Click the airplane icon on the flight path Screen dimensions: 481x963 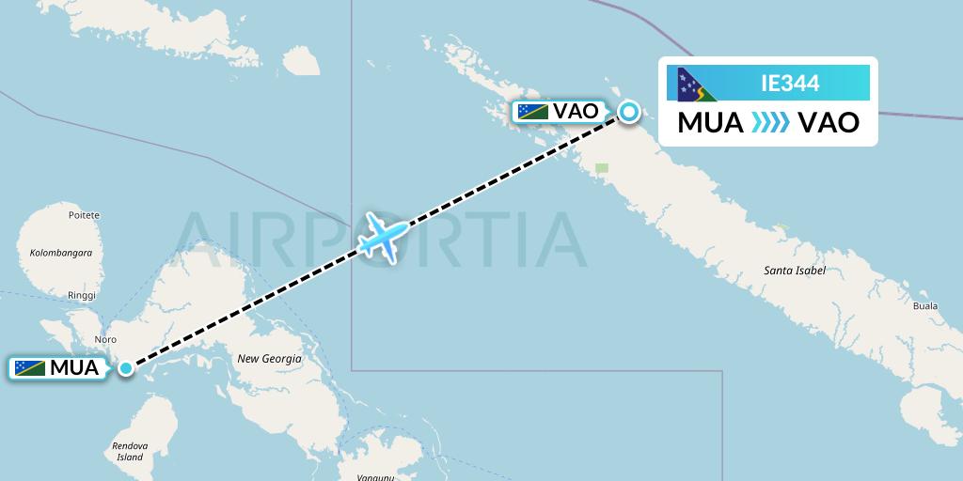[x=384, y=236]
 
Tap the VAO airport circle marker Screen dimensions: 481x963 [x=628, y=113]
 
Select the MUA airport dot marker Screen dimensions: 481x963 [x=126, y=367]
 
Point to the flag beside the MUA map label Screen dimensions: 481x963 [x=30, y=368]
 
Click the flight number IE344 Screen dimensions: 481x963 [x=790, y=84]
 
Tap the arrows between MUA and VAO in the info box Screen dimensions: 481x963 [x=771, y=123]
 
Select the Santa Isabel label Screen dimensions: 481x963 [x=795, y=271]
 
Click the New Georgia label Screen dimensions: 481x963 [x=269, y=359]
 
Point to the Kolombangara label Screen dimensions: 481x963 [x=60, y=253]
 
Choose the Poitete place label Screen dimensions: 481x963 [x=84, y=215]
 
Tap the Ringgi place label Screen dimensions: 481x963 [x=82, y=295]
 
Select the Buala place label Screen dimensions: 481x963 [x=925, y=306]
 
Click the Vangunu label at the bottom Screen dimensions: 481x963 [x=375, y=477]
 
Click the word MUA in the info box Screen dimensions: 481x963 [x=711, y=123]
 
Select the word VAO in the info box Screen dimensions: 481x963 [x=828, y=123]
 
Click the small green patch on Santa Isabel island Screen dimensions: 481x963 [x=602, y=169]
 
